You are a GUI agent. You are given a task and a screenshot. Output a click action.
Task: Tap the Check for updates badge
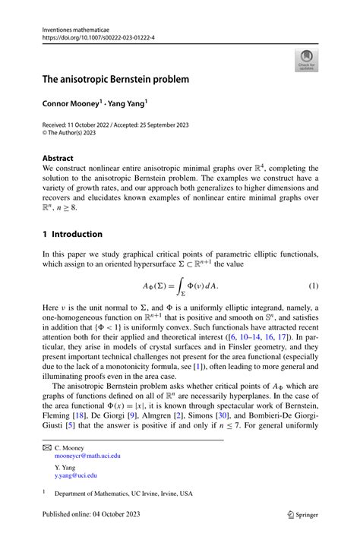pos(307,62)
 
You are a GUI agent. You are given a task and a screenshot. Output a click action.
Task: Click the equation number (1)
pos(311,286)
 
